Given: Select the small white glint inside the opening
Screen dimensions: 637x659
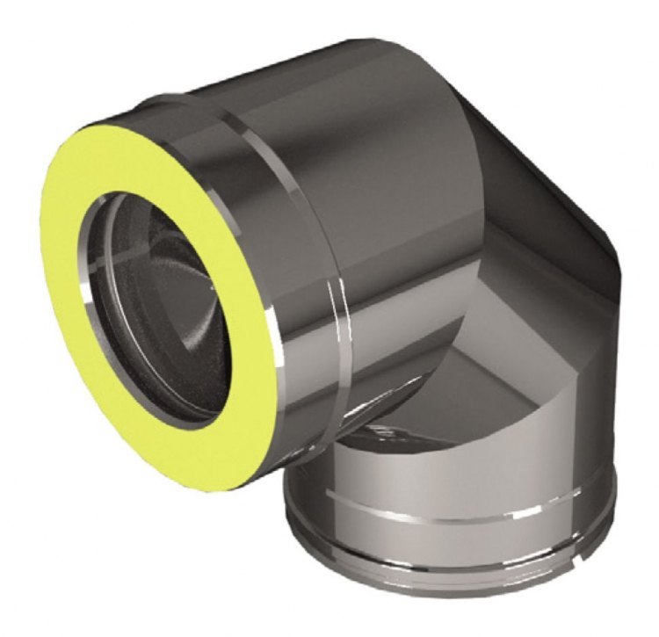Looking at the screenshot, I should [x=214, y=287].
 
